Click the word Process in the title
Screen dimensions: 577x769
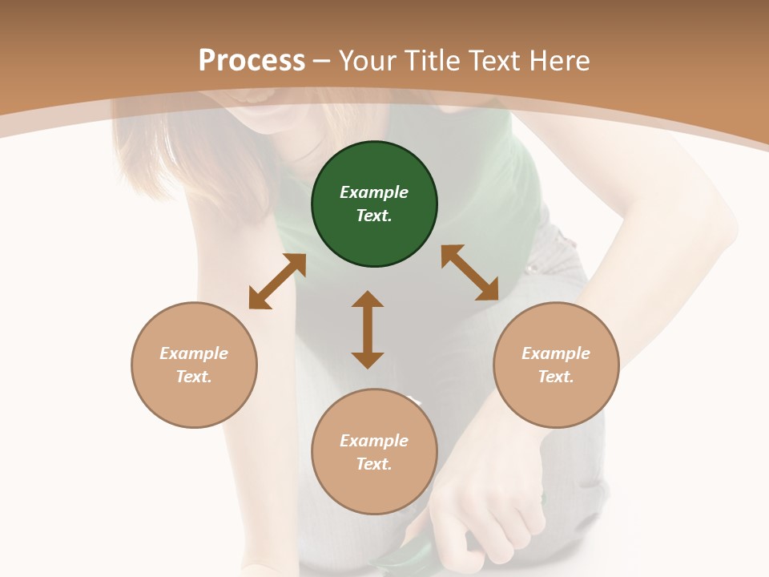tap(252, 61)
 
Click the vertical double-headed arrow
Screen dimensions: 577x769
tap(368, 329)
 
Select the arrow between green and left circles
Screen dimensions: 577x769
tap(277, 281)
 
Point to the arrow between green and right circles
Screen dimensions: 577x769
tap(470, 272)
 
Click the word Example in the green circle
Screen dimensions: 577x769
tap(374, 192)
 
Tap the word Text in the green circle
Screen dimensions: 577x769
tap(374, 216)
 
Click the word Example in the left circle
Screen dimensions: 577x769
tap(194, 353)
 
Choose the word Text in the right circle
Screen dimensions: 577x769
tap(556, 377)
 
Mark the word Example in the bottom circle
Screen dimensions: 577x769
tap(374, 441)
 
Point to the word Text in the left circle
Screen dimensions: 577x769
tap(194, 377)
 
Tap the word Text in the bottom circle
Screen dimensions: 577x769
tap(374, 464)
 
